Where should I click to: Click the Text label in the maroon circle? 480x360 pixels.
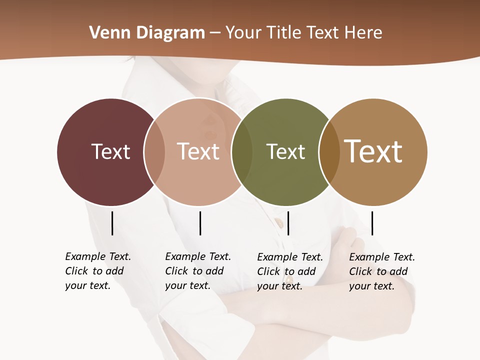110,151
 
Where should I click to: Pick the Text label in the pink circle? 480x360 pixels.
198,151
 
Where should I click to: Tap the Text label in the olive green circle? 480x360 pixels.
285,151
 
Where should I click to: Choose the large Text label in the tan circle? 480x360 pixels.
373,151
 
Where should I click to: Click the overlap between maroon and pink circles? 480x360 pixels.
154,152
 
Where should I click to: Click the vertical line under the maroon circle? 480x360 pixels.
112,223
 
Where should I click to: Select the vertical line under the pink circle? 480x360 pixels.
200,223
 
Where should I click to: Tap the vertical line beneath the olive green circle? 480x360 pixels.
288,223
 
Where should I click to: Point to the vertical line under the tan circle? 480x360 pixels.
372,223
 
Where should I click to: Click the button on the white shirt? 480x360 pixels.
279,220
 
